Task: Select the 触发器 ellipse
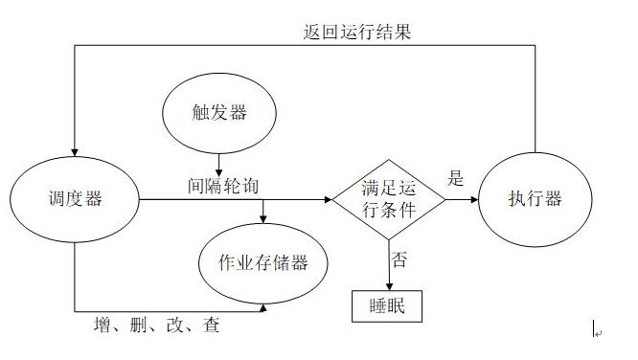point(219,113)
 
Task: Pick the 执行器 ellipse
point(535,199)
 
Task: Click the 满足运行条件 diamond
point(389,199)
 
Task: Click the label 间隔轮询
point(223,183)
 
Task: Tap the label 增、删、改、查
point(157,326)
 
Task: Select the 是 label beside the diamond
point(456,177)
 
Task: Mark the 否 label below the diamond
point(397,258)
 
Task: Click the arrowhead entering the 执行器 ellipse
point(473,200)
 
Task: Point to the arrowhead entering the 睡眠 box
point(389,284)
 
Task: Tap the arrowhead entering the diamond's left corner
point(328,200)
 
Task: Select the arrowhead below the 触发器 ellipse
point(219,171)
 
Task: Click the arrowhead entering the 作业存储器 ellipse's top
point(264,221)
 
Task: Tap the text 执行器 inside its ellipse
point(535,199)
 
